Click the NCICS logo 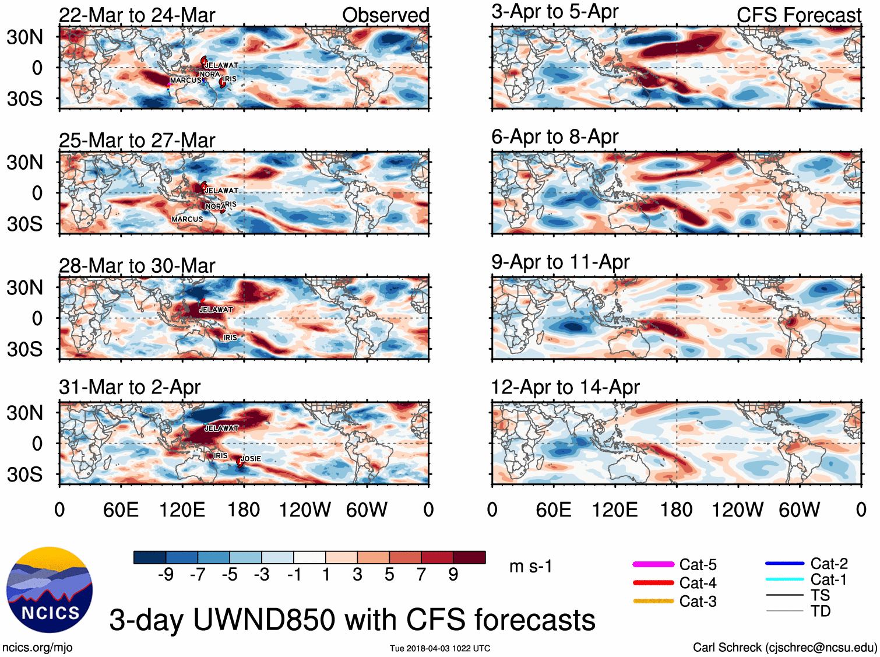(50, 590)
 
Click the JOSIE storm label (251, 459)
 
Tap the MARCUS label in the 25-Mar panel (187, 219)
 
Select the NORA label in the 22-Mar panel (210, 74)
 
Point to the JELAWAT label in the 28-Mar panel (216, 310)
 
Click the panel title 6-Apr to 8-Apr (555, 137)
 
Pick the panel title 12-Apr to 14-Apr (565, 387)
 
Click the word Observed (385, 15)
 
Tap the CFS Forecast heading (798, 15)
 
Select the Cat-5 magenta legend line (653, 564)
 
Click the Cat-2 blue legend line (784, 563)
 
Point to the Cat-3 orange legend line (653, 601)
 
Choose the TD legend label (820, 611)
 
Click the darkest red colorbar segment (469, 557)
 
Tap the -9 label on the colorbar (166, 575)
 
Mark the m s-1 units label (530, 566)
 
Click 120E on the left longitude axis (182, 510)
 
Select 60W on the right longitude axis (799, 510)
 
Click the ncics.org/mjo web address (37, 647)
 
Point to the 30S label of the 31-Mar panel (24, 475)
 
